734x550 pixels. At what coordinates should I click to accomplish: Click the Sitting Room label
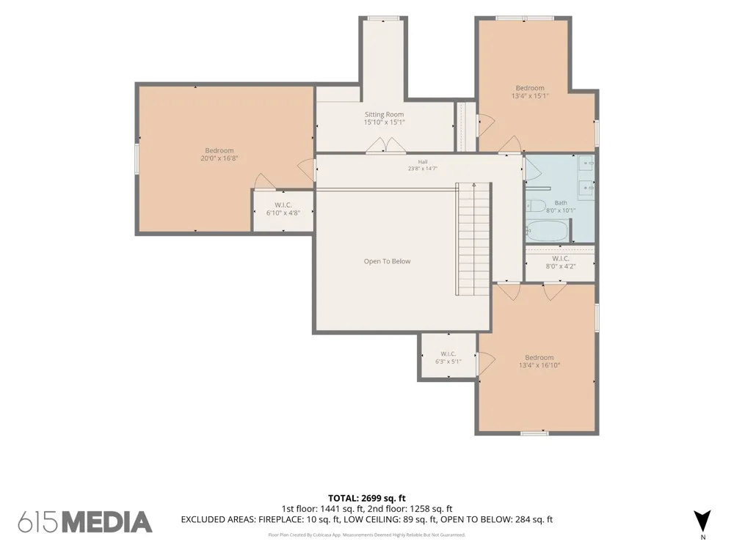tap(385, 114)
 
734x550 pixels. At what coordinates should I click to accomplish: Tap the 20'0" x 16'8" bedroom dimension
tap(219, 158)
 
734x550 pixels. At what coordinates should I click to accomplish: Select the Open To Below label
tap(387, 262)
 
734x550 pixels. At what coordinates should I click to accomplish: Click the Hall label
tap(423, 162)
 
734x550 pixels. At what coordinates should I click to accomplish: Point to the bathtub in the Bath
tap(548, 230)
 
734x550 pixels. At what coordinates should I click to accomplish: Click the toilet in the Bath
tap(536, 206)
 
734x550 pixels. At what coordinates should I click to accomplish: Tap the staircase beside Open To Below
tap(473, 239)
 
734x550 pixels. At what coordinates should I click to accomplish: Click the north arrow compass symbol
tap(702, 521)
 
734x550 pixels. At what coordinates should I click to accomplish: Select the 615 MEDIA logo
tap(85, 522)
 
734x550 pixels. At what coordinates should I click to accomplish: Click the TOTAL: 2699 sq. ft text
tap(366, 498)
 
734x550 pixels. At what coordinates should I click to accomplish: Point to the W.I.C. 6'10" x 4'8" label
tap(283, 208)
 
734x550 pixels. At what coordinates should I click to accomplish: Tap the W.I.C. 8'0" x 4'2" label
tap(561, 263)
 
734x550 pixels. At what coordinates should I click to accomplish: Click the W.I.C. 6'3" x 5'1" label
tap(448, 358)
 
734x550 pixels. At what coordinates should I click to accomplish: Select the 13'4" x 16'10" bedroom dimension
tap(539, 365)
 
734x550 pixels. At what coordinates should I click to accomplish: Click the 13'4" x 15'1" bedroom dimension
tap(530, 96)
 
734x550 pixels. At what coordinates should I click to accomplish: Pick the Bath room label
tap(561, 203)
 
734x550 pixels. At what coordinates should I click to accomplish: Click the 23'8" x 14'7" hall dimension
tap(423, 169)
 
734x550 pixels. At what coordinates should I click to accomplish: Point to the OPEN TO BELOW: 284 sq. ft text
tap(497, 520)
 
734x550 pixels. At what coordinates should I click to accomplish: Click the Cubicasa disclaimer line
tap(366, 535)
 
